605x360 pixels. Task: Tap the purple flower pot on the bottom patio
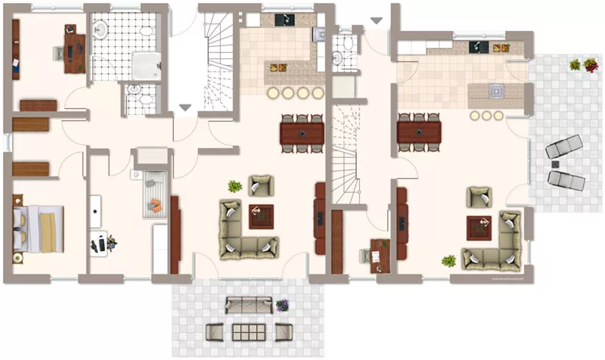click(282, 306)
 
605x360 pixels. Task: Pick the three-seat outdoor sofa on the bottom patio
click(248, 305)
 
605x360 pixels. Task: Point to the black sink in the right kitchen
click(476, 47)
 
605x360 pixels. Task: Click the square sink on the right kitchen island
click(497, 92)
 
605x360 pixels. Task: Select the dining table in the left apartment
click(302, 133)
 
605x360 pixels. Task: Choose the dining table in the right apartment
click(419, 133)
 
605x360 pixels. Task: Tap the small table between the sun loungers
click(556, 163)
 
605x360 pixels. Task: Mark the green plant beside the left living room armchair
click(235, 186)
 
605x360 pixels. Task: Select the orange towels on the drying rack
click(157, 203)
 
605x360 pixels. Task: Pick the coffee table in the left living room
click(262, 216)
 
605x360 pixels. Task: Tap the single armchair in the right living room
click(479, 197)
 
